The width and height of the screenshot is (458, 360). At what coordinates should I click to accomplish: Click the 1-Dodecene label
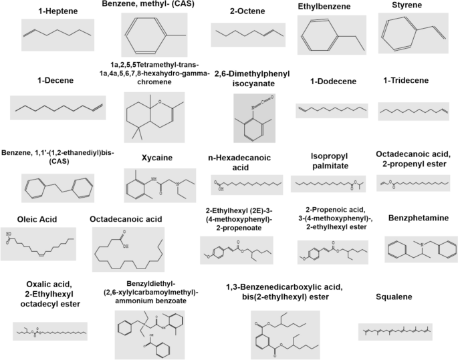click(332, 81)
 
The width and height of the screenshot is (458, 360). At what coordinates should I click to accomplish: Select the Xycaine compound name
click(157, 158)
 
